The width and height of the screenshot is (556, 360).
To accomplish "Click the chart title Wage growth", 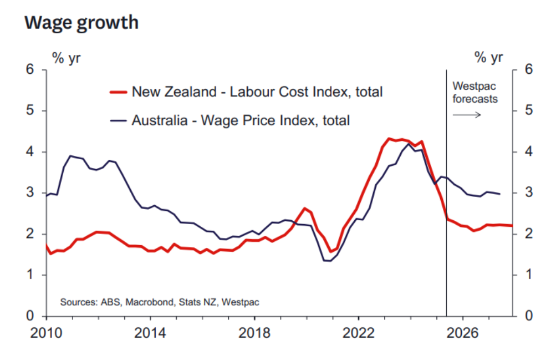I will (81, 23).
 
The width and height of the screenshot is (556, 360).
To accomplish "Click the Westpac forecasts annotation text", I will (475, 93).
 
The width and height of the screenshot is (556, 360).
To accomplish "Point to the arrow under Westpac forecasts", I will (466, 114).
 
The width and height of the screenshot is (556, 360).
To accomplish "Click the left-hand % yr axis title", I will (67, 57).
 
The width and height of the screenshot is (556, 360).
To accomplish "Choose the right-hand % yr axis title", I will (489, 57).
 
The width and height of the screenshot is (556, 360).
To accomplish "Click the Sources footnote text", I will (160, 302).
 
